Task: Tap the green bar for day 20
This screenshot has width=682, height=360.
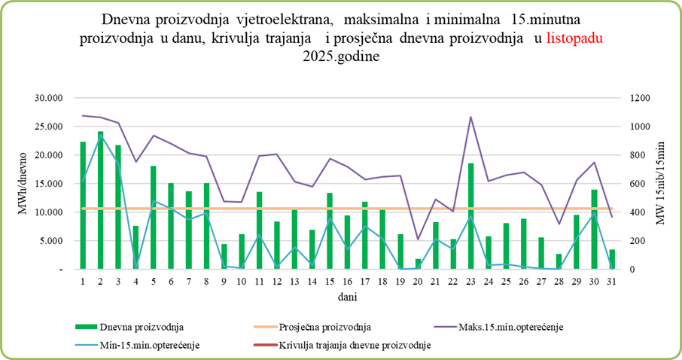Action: click(418, 264)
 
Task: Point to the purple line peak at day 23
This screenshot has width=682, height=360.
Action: click(470, 117)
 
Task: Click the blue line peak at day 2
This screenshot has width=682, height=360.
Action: click(100, 136)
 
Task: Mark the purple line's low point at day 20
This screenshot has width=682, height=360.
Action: click(418, 239)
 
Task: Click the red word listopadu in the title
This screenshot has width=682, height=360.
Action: click(575, 38)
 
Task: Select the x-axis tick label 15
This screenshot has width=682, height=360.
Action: click(329, 281)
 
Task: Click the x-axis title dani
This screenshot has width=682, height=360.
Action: click(346, 297)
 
